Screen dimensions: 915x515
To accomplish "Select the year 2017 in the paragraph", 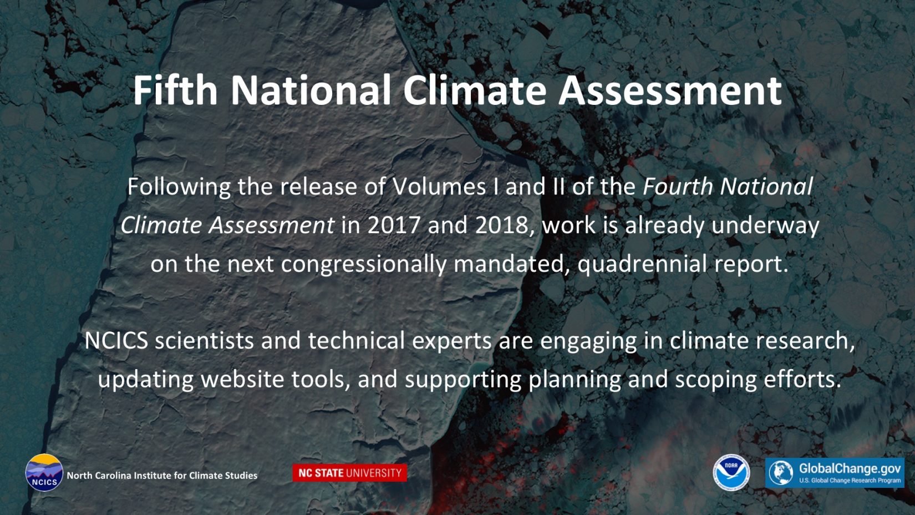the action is pos(394,225).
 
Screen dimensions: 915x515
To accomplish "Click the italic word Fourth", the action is pos(678,186).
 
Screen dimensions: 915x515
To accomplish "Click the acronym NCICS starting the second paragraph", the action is pos(116,341).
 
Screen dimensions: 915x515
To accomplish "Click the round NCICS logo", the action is pos(44,472).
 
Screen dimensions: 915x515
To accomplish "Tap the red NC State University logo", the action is pos(350,473).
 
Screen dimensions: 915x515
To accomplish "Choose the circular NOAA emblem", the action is pos(731,472).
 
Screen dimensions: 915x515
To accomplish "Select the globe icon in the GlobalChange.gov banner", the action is pos(781,472).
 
